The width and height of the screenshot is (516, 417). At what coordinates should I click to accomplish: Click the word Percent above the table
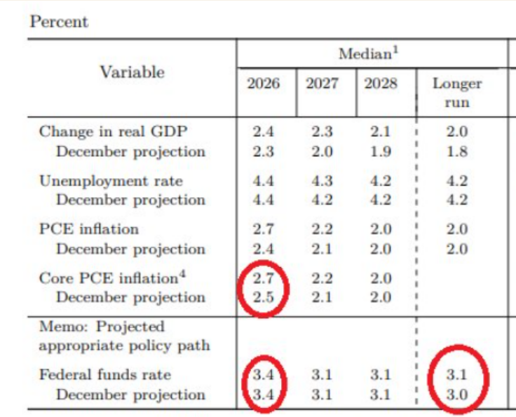point(59,22)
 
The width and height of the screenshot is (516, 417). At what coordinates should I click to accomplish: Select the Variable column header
point(132,72)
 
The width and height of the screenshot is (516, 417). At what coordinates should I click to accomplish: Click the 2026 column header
point(263,84)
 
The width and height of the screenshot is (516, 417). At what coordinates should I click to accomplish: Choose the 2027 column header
point(322,84)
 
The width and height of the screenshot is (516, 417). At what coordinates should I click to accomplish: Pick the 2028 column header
point(381,84)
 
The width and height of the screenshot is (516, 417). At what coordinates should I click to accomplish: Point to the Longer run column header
point(456,93)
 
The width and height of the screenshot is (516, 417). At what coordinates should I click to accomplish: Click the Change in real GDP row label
point(113,132)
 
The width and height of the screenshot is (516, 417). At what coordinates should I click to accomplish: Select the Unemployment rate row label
point(111,181)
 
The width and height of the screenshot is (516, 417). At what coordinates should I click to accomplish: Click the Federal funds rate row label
point(104,374)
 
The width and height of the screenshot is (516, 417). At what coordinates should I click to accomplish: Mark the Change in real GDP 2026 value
point(263,132)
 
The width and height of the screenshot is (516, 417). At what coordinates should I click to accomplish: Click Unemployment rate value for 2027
point(322,181)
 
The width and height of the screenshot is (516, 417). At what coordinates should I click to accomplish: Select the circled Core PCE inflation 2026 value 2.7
point(263,278)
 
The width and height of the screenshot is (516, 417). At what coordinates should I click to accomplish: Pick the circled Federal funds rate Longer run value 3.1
point(456,374)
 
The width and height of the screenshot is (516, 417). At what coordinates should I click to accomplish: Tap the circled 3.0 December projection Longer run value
point(456,395)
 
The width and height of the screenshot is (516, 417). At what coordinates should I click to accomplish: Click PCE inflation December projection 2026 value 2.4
point(263,249)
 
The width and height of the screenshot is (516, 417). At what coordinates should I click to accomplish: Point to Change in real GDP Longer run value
point(456,132)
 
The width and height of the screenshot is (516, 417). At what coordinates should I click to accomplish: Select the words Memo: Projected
point(102,327)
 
